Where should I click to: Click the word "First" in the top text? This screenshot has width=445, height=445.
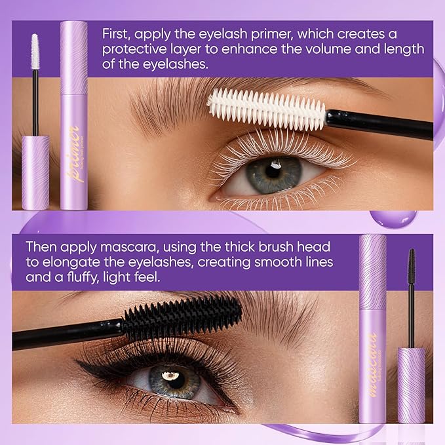pos(114,33)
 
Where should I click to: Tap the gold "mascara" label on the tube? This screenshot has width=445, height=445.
pos(372,357)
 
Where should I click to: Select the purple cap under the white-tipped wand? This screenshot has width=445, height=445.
pos(35,172)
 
